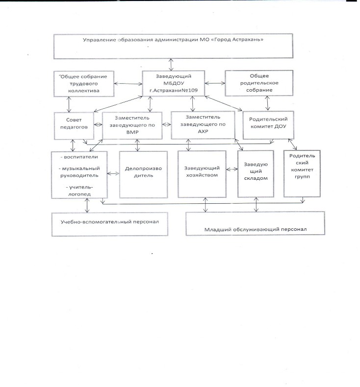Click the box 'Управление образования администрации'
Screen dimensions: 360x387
pos(173,46)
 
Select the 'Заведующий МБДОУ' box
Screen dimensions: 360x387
pos(174,83)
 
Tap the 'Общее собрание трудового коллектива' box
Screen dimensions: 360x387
pos(84,84)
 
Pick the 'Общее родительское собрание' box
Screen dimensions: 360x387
pos(259,83)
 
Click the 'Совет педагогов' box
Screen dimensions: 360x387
pos(74,126)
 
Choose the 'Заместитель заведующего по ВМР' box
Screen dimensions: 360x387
pos(132,125)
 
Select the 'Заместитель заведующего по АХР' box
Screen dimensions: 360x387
pos(203,125)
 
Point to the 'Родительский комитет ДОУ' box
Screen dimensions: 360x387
pos(268,125)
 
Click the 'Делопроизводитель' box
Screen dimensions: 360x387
pos(143,174)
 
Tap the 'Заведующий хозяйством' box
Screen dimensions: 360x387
pos(202,174)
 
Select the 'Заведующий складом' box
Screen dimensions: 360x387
pos(256,174)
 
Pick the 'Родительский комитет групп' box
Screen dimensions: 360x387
pos(302,173)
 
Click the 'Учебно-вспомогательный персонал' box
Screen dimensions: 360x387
pos(110,224)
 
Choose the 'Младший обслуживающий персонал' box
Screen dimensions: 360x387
pos(255,223)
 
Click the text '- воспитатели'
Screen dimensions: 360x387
pos(79,157)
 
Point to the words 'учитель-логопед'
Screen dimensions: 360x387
pos(79,191)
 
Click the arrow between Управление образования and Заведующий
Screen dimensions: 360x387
pos(171,65)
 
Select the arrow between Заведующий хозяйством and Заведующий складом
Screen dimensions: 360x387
pos(232,169)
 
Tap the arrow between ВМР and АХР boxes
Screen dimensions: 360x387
pos(167,124)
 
